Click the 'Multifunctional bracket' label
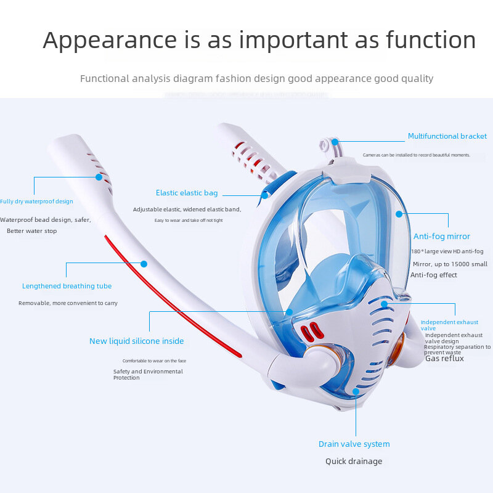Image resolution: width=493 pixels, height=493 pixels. pyautogui.click(x=447, y=136)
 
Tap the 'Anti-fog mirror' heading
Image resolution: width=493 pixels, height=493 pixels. pyautogui.click(x=441, y=236)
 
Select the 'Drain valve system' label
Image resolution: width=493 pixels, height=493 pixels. pyautogui.click(x=354, y=444)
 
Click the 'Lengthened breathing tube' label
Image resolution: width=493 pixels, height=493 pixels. pyautogui.click(x=67, y=286)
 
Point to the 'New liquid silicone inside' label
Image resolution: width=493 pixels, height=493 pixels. pyautogui.click(x=136, y=341)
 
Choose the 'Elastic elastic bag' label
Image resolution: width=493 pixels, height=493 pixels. pyautogui.click(x=187, y=193)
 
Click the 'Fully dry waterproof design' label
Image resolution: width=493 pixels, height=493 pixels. pyautogui.click(x=36, y=202)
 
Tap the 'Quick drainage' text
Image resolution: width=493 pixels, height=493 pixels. pyautogui.click(x=354, y=461)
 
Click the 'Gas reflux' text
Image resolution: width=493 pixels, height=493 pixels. pyautogui.click(x=444, y=358)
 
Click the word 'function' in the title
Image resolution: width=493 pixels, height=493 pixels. pyautogui.click(x=431, y=41)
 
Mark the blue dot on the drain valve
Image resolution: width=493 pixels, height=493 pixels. pyautogui.click(x=356, y=391)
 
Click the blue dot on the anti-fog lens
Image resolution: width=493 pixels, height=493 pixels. pyautogui.click(x=399, y=214)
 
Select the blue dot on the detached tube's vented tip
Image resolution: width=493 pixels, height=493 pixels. pyautogui.click(x=99, y=177)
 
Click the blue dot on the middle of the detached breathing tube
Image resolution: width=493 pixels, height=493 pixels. pyautogui.click(x=144, y=264)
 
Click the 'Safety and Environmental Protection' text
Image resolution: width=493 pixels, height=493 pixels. pyautogui.click(x=148, y=374)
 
